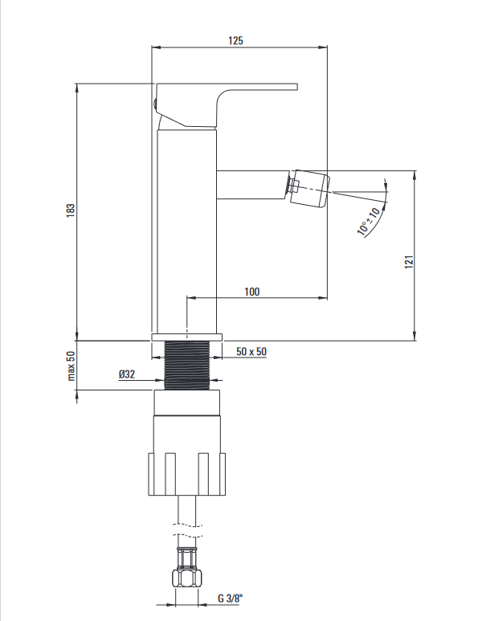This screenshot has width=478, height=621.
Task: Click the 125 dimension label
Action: [235, 40]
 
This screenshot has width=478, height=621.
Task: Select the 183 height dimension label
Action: [71, 210]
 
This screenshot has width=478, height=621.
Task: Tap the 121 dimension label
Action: [409, 262]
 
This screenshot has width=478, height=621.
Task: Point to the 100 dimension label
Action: [252, 292]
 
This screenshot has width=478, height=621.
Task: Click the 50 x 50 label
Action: [251, 351]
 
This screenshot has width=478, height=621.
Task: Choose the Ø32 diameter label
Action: [127, 374]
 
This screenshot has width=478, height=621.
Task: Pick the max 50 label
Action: [71, 366]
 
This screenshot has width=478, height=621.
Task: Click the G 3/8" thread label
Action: [230, 598]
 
